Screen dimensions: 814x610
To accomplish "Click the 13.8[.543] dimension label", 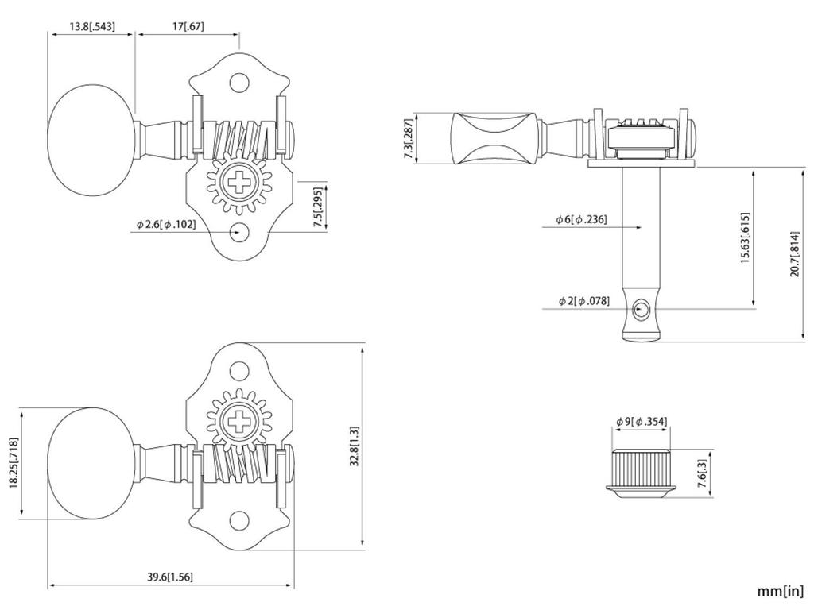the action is [92, 26].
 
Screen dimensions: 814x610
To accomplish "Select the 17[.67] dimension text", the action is [188, 26].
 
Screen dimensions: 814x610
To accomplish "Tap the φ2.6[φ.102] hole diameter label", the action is [166, 224].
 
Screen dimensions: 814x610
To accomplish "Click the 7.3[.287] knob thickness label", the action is [409, 139].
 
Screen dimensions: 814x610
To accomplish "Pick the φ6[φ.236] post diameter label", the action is [581, 219].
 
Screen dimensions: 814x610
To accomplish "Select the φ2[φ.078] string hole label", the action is [584, 301].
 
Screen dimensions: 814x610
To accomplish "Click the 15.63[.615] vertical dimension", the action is [745, 238].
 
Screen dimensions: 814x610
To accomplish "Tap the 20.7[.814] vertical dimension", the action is [795, 254].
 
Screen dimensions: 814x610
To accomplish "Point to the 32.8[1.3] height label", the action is [354, 446].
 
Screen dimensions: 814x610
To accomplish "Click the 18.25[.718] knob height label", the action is [14, 463].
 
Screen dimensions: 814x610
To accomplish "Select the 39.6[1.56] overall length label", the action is [170, 577].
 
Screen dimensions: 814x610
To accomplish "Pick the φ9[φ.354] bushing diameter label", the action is [642, 422].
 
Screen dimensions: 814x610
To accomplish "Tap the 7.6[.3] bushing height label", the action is [703, 473].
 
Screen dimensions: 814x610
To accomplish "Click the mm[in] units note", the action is [780, 591].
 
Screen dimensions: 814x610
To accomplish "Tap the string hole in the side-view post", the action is [642, 310].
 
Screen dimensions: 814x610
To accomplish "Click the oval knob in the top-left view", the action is [95, 140].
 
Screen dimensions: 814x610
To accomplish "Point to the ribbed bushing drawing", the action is [642, 473].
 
